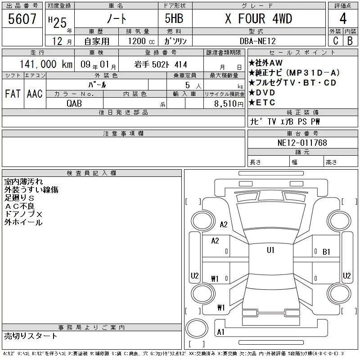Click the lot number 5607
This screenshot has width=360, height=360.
pos(22,18)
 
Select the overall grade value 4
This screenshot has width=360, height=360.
pos(343,18)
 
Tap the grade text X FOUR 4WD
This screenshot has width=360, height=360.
pos(258,18)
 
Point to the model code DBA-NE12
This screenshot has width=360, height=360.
pos(257,41)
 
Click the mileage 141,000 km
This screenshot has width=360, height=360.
pos(46,64)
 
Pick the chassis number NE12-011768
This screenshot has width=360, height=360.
pos(302,143)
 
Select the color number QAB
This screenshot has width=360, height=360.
pos(74,103)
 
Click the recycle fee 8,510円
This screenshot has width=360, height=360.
pos(229,104)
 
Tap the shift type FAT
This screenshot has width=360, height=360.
pos(13,94)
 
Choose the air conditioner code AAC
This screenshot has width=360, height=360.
pos(35,94)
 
